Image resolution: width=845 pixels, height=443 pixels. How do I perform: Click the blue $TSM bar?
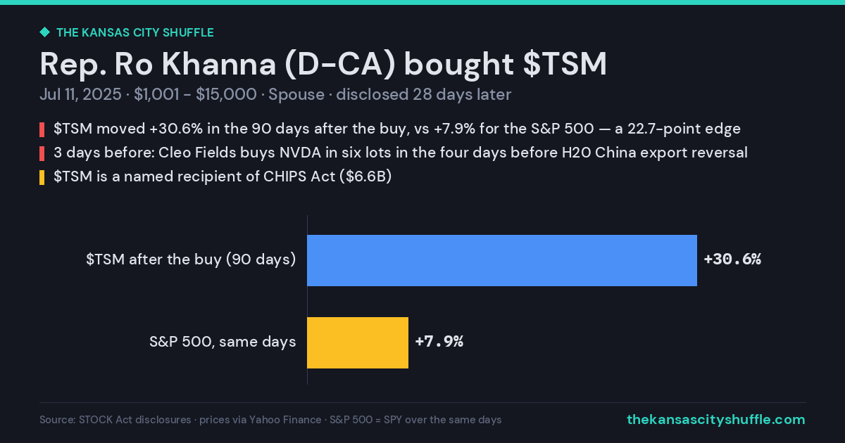(502, 260)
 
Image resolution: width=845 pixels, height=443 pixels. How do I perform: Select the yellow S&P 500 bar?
(358, 343)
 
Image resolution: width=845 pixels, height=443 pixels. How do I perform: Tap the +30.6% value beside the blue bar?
(732, 259)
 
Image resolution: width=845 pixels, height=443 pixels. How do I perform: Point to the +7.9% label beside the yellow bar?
(439, 342)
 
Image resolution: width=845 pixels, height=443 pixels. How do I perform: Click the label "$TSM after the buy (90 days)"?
(191, 259)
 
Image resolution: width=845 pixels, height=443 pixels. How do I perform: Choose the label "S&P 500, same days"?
(223, 342)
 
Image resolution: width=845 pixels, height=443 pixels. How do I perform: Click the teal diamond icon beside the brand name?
(45, 32)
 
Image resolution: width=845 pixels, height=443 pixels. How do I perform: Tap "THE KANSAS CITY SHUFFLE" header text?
(135, 33)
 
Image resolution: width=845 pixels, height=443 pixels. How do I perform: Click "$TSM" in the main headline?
(565, 64)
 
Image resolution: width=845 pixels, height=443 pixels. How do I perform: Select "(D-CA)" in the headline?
(340, 65)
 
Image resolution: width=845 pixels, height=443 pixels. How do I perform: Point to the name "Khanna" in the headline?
(219, 64)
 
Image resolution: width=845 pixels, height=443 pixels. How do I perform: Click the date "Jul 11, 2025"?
(81, 94)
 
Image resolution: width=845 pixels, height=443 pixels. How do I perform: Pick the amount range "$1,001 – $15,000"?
(195, 94)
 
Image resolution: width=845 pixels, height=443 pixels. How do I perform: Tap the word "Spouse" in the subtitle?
(296, 95)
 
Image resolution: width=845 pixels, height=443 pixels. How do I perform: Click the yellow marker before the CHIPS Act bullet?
(42, 177)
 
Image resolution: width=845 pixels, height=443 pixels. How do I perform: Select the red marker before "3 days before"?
(42, 154)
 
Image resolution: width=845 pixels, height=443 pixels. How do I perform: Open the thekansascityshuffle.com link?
(716, 420)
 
